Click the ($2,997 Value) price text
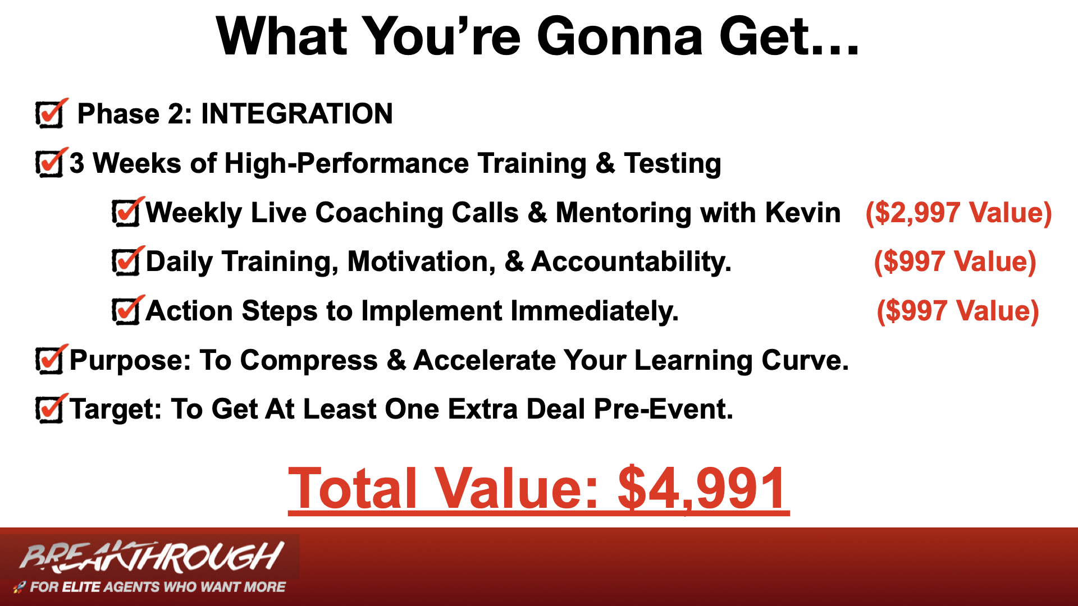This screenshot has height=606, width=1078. (x=958, y=213)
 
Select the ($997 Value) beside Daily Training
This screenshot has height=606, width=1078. (x=955, y=262)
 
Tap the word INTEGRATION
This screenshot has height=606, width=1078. (x=297, y=113)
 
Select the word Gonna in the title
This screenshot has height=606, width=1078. (x=620, y=36)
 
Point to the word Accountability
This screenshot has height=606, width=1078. (x=631, y=262)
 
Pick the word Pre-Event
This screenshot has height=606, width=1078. (x=663, y=409)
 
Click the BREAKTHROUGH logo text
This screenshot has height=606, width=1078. (x=152, y=557)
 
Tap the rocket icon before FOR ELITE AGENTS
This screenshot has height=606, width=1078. (x=19, y=587)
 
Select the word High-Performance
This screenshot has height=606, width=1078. (x=346, y=163)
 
